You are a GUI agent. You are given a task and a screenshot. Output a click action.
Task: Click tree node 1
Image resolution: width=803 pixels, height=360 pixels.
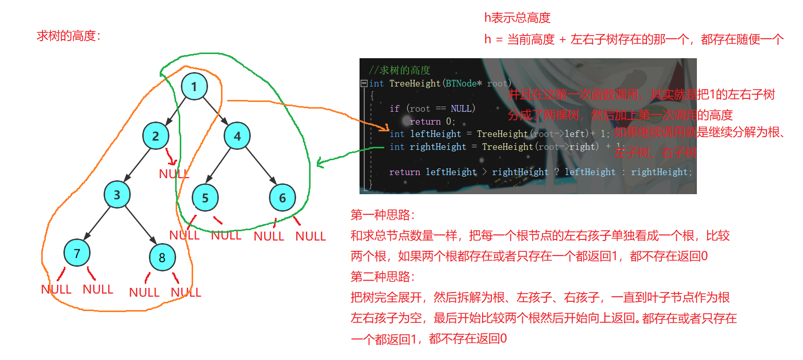click(194, 87)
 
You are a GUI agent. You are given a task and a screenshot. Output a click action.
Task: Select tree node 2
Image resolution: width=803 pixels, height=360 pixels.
click(156, 136)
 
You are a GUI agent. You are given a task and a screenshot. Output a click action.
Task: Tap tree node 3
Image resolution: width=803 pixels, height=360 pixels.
click(117, 195)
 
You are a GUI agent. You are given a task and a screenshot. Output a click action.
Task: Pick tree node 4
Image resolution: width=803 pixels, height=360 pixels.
click(237, 136)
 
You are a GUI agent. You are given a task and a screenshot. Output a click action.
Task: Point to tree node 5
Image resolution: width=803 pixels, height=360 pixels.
click(205, 198)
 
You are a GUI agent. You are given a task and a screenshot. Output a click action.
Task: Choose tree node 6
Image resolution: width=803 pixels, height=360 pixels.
click(282, 198)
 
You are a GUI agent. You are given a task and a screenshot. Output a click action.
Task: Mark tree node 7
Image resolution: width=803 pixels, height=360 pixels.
click(77, 253)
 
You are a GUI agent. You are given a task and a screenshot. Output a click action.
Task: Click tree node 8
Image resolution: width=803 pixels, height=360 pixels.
click(162, 258)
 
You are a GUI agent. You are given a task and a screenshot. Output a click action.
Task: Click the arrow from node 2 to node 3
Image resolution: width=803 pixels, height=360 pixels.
click(136, 165)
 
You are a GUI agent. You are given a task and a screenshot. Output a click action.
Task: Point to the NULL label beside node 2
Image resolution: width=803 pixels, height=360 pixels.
click(174, 174)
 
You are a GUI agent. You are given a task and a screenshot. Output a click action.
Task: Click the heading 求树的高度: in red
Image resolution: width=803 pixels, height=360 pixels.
click(69, 36)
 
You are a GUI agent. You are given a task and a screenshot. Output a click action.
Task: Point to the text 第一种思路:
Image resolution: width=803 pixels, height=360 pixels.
click(382, 215)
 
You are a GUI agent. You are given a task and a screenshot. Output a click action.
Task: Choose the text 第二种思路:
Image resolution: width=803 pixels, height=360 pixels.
click(382, 277)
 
